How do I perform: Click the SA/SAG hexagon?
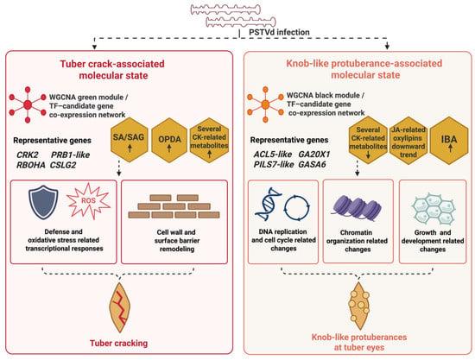pos(129,140)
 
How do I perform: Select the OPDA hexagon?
pos(169,140)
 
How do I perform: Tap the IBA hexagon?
pos(449,140)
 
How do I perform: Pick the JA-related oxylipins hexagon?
pos(408,141)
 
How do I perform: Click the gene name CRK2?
pos(28,155)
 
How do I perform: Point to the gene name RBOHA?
pos(31,165)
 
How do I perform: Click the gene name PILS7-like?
pos(274,164)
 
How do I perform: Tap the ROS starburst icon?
pos(88,201)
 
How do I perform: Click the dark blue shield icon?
pos(43,202)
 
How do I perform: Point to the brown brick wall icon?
pos(174,206)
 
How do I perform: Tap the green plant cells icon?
pos(433,208)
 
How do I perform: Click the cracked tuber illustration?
pos(120,307)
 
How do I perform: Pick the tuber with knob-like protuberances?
pos(359,306)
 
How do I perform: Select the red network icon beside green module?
pos(28,104)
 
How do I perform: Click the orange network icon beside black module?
pos(265,104)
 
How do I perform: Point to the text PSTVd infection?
pos(279,32)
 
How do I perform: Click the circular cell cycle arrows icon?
pos(297,208)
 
